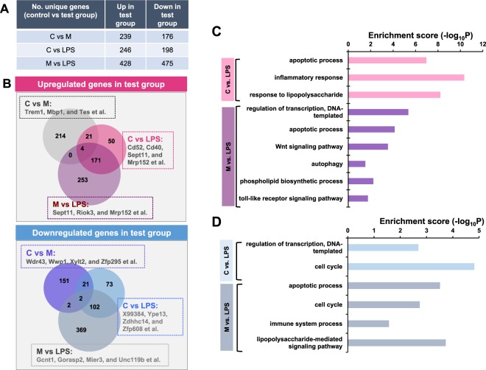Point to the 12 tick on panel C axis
483,43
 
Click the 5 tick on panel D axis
479,231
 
